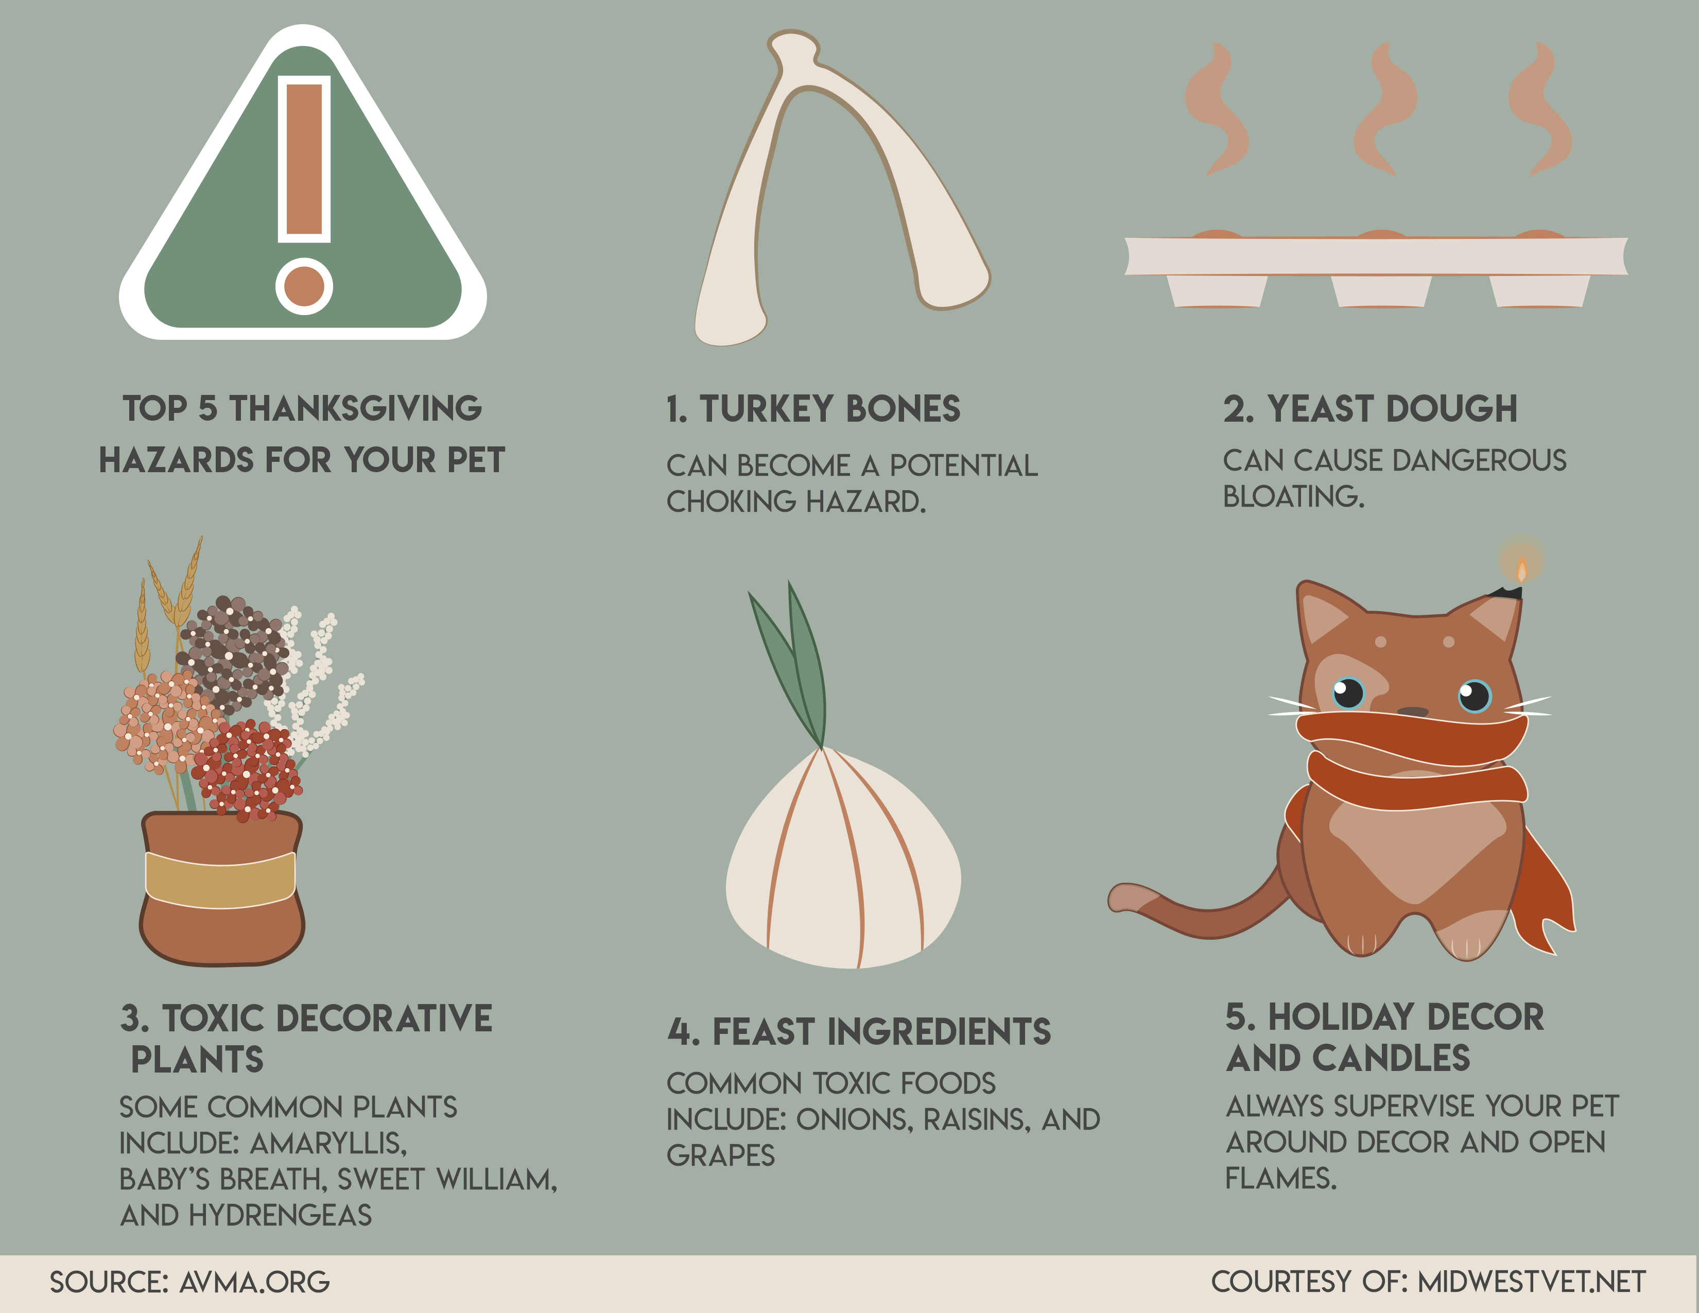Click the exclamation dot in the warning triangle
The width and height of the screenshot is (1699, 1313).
[x=304, y=286]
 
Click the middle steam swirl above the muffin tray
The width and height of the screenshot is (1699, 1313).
[x=1385, y=109]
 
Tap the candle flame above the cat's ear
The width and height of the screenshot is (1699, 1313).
[x=1521, y=568]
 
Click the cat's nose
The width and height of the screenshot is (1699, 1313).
[x=1413, y=712]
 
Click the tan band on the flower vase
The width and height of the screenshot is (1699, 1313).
[x=221, y=880]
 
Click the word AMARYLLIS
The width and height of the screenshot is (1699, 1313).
[x=328, y=1144]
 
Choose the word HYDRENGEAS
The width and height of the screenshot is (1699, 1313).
[x=281, y=1215]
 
